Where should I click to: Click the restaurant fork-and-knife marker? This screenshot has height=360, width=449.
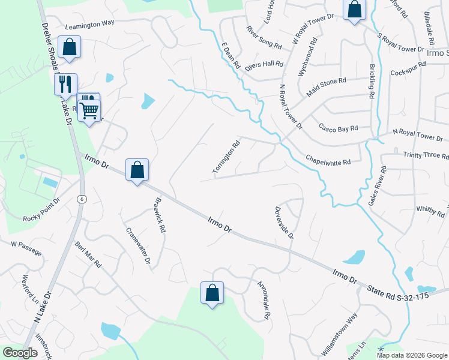coord(65,84)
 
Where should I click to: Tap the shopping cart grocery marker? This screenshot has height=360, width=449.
coord(89,109)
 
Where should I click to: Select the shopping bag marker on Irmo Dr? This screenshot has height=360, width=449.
coord(137,170)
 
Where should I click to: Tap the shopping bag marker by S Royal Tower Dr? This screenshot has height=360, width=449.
coord(354,10)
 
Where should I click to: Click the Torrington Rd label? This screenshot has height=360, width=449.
coord(226,158)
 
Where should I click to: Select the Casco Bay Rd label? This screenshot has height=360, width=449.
coord(338,128)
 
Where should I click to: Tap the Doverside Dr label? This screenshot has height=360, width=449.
coord(284,223)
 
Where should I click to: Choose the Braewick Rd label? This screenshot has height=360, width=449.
coord(159,215)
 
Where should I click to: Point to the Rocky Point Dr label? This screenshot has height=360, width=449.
coord(42,209)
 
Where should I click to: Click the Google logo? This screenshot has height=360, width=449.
coord(20,353)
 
